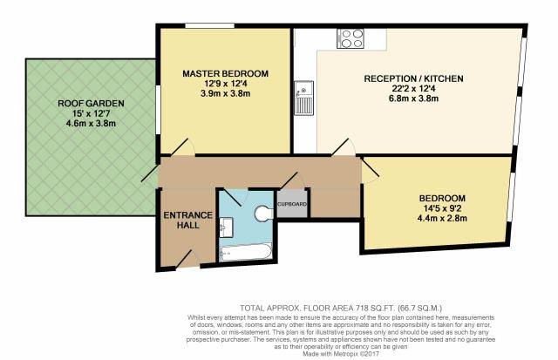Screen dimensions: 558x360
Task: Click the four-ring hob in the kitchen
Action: (x=350, y=38)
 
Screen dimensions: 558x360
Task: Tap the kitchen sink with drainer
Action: (x=303, y=98)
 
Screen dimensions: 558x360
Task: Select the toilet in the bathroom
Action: (x=263, y=213)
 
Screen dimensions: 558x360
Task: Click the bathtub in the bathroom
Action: (x=246, y=252)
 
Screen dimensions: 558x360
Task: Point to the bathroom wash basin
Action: (x=226, y=228)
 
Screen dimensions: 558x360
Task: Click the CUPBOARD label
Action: (x=292, y=204)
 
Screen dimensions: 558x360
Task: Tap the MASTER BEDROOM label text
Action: (x=225, y=73)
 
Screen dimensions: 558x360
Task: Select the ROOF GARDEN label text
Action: (x=91, y=104)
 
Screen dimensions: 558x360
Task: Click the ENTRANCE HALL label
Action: (x=188, y=221)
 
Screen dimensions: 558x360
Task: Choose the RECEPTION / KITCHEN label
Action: (x=413, y=78)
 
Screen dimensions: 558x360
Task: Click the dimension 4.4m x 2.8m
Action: (x=442, y=218)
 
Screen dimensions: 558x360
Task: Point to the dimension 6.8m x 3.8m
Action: (x=413, y=98)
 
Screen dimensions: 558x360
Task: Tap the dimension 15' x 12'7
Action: (x=91, y=114)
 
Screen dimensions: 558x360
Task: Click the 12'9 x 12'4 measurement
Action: (x=225, y=84)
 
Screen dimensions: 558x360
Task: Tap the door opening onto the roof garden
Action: (x=150, y=173)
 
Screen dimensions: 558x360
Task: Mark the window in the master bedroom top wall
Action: (x=209, y=25)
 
